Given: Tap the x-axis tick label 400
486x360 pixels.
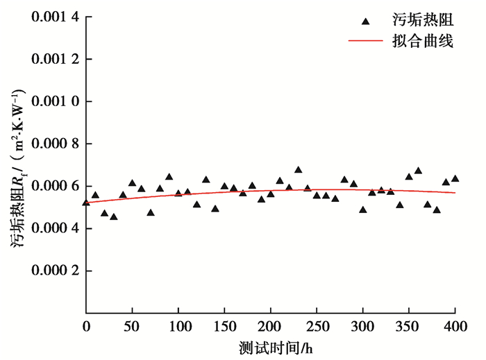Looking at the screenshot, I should (455, 326).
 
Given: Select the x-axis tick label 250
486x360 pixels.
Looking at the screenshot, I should (317, 326).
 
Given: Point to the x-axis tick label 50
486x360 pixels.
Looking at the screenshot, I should (132, 326).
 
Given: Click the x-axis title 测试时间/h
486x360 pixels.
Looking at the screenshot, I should (271, 346).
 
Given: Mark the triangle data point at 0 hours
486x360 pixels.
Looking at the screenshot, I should (86, 203).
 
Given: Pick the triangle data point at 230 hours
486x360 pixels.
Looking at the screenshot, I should (299, 170).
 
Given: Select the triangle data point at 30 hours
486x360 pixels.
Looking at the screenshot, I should (114, 216).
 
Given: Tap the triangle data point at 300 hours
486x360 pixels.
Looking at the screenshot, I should (363, 209).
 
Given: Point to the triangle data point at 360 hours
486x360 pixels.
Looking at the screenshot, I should (418, 171).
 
